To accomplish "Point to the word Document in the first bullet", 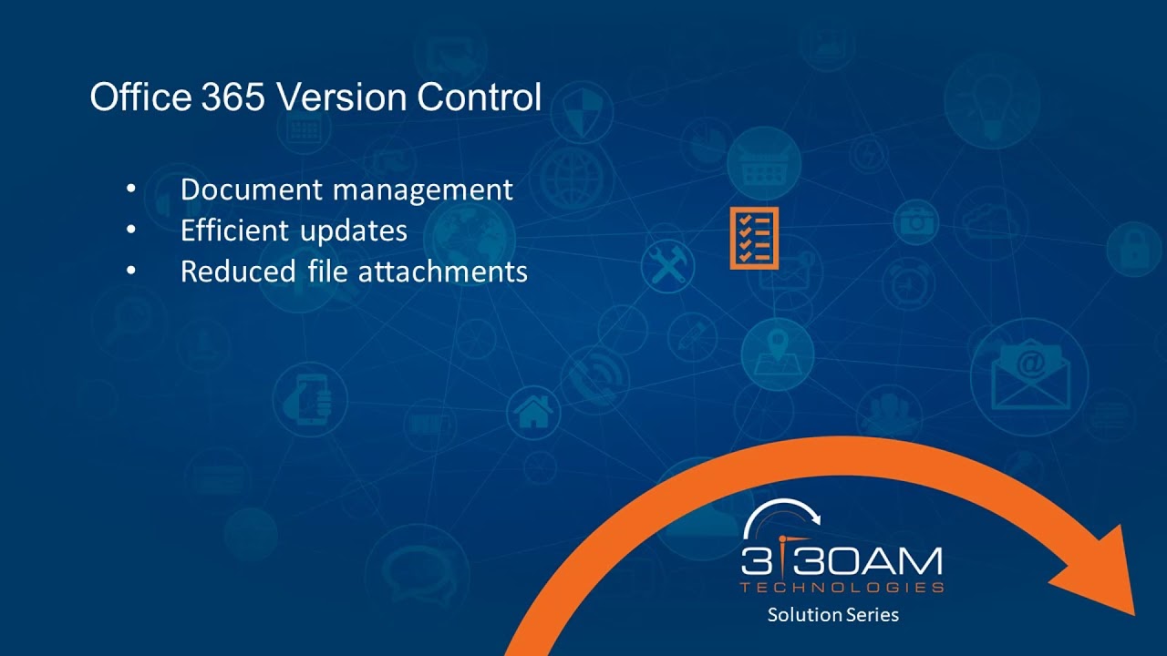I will [x=252, y=190].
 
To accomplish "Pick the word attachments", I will [x=442, y=272].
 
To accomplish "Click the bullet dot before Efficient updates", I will [x=130, y=231].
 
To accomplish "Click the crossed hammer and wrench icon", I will [x=668, y=267].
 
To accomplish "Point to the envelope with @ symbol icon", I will [x=1029, y=374].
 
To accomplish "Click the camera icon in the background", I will [x=915, y=221].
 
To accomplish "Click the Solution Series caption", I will [x=832, y=615].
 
